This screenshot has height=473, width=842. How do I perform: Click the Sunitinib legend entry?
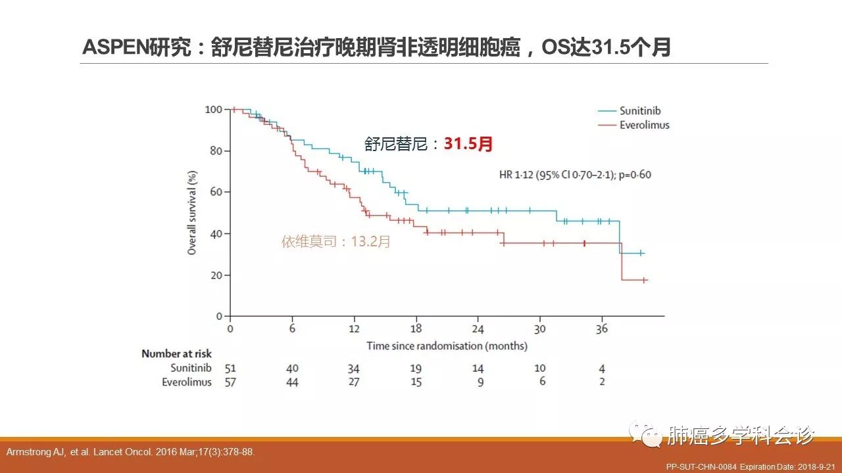tap(639, 112)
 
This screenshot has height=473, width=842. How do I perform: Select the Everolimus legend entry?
tap(644, 125)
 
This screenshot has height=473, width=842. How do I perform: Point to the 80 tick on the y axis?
tap(213, 150)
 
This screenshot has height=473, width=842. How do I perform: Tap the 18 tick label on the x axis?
tap(416, 329)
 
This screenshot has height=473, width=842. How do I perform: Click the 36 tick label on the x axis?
tap(602, 329)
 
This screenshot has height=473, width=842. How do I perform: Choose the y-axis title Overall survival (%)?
tap(192, 212)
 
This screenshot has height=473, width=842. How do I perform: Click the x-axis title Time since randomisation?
tap(447, 346)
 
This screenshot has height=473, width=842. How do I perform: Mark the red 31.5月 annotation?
tap(468, 144)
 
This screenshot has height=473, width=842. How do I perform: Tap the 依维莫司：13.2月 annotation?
tap(336, 242)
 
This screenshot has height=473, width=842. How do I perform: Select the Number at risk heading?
tap(176, 354)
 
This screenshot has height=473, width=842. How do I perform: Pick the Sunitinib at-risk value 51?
tap(230, 369)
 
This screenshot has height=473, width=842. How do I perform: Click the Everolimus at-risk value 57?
tap(230, 382)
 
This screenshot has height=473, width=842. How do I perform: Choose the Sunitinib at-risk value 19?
tap(416, 369)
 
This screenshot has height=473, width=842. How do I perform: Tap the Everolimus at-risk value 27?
tap(354, 382)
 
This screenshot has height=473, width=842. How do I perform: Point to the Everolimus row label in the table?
tap(187, 382)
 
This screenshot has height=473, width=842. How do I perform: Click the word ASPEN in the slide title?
tap(109, 47)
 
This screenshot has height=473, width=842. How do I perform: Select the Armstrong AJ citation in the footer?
tap(130, 452)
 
